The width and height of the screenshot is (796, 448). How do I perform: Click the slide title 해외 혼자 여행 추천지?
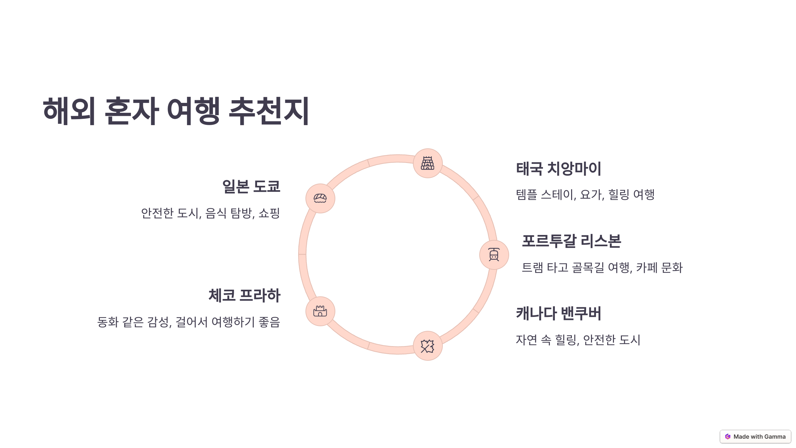click(x=176, y=111)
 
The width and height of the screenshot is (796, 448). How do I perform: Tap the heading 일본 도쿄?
click(x=251, y=186)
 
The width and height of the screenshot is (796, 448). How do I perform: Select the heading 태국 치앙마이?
click(x=559, y=169)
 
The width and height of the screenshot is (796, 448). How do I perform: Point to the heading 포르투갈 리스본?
click(x=571, y=241)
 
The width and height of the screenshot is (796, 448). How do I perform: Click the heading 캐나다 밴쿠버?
click(x=559, y=313)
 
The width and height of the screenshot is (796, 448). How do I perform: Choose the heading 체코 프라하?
click(x=244, y=295)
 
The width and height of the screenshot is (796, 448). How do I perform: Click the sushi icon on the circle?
click(x=320, y=198)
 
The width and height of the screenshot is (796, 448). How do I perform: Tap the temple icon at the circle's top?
click(x=428, y=163)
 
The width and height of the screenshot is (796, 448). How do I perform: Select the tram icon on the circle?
click(x=494, y=255)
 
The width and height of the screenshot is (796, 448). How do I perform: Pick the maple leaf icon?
click(x=428, y=346)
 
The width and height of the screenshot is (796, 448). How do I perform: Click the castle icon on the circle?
click(x=320, y=311)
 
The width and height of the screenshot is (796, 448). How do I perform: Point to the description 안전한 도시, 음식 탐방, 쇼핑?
click(x=211, y=213)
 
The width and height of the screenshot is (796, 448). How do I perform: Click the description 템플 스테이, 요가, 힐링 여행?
click(x=585, y=194)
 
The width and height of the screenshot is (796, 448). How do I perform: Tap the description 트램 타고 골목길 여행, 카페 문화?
click(x=602, y=267)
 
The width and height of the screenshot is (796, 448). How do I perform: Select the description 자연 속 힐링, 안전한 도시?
click(x=578, y=340)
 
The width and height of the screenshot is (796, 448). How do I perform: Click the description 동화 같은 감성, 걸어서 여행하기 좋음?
click(x=188, y=322)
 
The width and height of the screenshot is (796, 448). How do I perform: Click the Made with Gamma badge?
click(x=755, y=437)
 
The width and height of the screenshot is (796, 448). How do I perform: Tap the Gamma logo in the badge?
click(x=728, y=437)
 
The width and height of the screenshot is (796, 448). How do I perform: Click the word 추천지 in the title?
click(x=269, y=111)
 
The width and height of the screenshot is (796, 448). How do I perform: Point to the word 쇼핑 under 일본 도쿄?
click(x=269, y=213)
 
